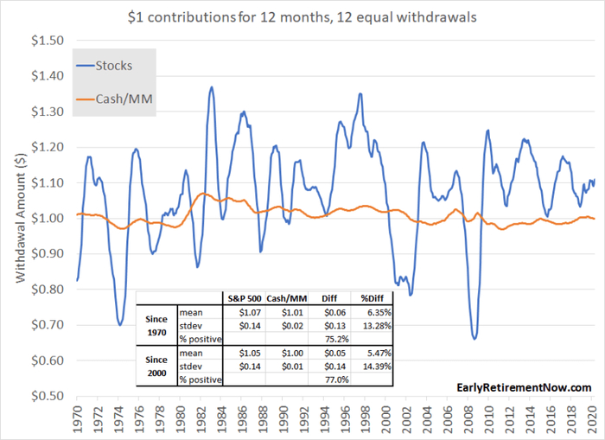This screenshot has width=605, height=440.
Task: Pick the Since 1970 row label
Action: (x=156, y=324)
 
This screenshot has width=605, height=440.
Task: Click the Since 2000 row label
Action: (x=156, y=364)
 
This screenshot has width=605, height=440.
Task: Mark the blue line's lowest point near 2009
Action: (x=474, y=338)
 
